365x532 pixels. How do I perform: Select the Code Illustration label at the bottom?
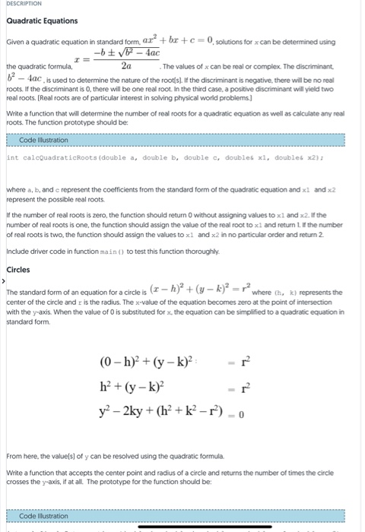pyautogui.click(x=43, y=516)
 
